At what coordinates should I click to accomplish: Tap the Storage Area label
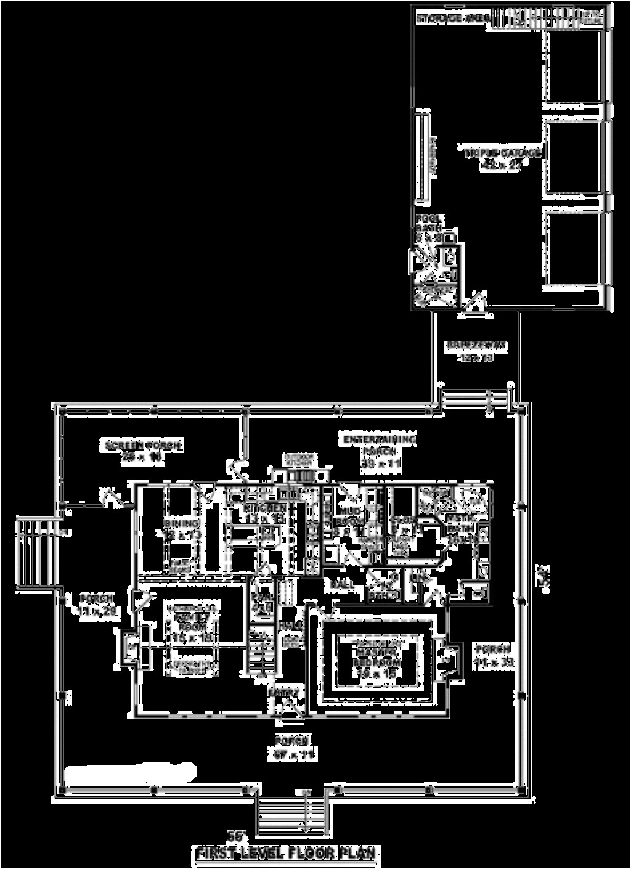click(x=453, y=18)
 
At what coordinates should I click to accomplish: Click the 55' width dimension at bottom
click(x=236, y=836)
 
